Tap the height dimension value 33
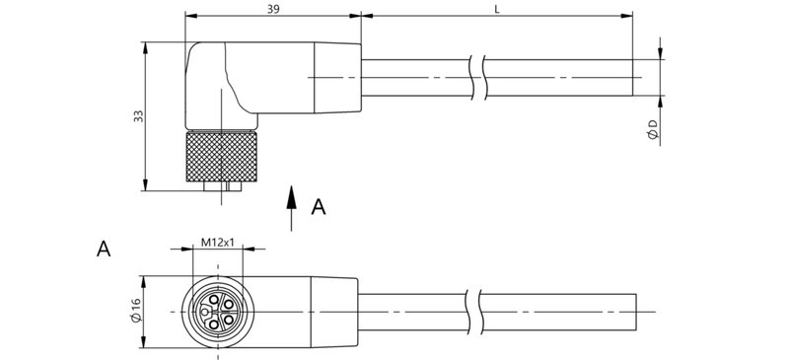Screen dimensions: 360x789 pos(138,115)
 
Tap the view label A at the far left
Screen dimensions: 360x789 pos(103,249)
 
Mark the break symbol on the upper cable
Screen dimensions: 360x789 pos(479,77)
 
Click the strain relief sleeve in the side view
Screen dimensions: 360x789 pos(337,77)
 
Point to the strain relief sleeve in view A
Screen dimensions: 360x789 pos(335,312)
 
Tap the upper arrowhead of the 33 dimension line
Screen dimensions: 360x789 pos(146,45)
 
